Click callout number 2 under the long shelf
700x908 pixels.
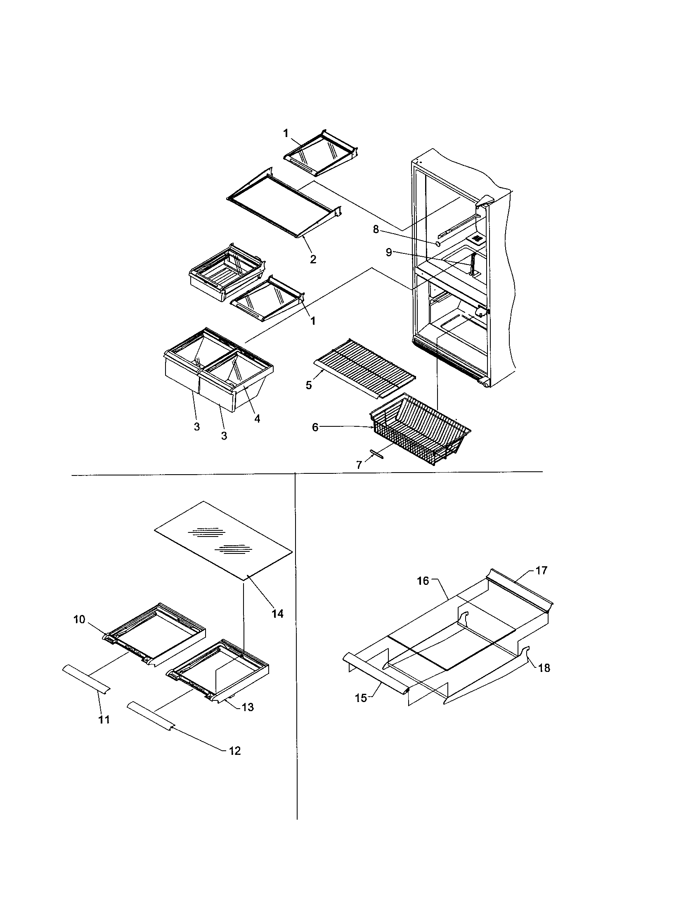click(x=313, y=260)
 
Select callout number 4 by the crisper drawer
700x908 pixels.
click(x=257, y=419)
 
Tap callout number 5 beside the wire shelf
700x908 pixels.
click(x=309, y=385)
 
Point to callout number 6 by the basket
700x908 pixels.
click(x=315, y=427)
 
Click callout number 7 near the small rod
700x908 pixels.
click(x=359, y=465)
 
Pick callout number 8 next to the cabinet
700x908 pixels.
click(x=376, y=229)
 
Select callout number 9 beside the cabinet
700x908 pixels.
click(x=389, y=252)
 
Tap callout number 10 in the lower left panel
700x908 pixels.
click(x=79, y=620)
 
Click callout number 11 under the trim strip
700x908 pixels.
click(x=104, y=720)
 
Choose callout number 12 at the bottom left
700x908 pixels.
click(x=234, y=751)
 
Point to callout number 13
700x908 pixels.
click(x=248, y=707)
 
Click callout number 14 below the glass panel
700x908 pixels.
click(x=277, y=613)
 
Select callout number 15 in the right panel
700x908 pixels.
click(x=361, y=698)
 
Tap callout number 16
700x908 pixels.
click(x=423, y=581)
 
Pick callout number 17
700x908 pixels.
click(x=542, y=571)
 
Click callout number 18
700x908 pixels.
click(x=544, y=668)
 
